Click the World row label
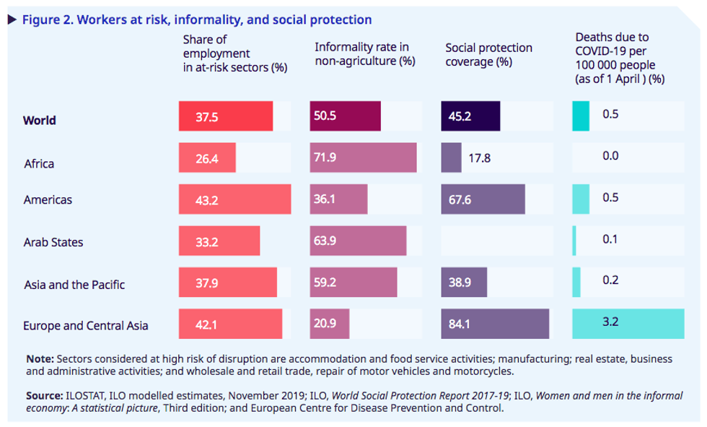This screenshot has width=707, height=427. (39, 120)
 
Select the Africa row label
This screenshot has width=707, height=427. (38, 163)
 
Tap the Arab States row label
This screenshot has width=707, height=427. (53, 242)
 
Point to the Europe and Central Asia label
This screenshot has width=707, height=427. (85, 325)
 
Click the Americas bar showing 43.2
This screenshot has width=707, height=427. (234, 199)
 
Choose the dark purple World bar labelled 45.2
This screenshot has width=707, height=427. (470, 116)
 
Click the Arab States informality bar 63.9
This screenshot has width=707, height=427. (358, 241)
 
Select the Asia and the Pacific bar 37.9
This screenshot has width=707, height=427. (227, 282)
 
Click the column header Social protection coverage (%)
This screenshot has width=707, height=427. (488, 54)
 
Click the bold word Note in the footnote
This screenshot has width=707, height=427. (39, 359)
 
